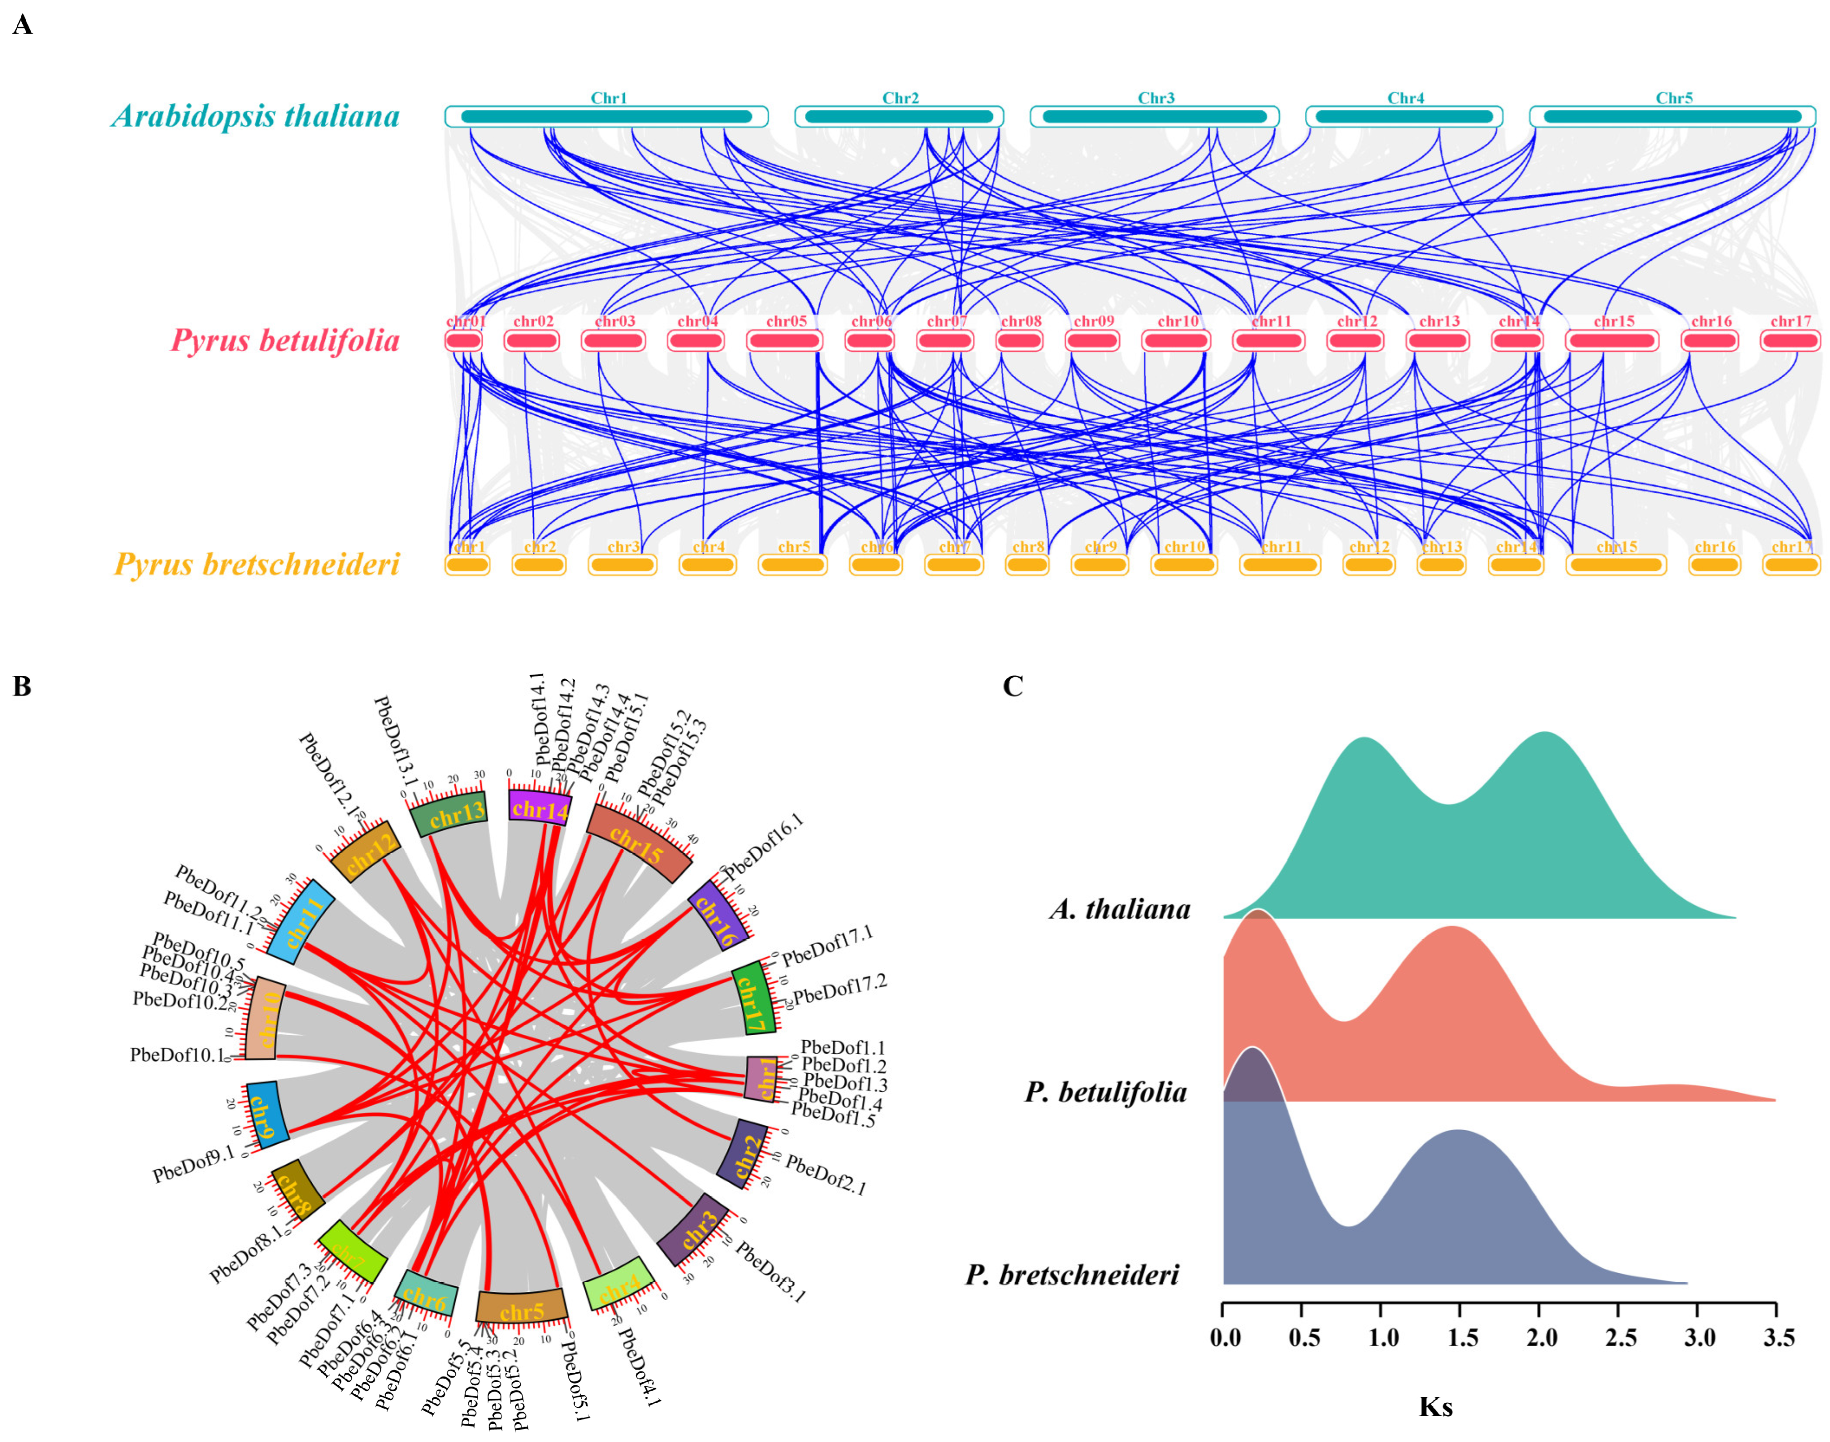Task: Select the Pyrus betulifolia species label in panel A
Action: [x=284, y=341]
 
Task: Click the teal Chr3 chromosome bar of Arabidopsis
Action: [x=1154, y=116]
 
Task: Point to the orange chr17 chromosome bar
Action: [x=1791, y=565]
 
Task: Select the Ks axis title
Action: [x=1436, y=1406]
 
